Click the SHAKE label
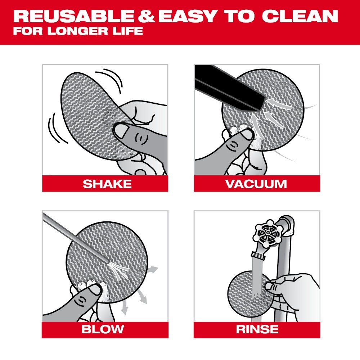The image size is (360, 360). pyautogui.click(x=107, y=184)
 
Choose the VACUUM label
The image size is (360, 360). pyautogui.click(x=256, y=184)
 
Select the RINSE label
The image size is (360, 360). pyautogui.click(x=257, y=329)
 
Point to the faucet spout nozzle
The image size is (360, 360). pyautogui.click(x=257, y=256)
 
